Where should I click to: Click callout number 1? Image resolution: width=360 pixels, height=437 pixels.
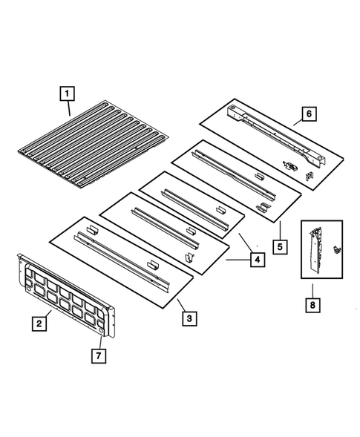67,94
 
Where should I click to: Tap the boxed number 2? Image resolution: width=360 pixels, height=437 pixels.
36,323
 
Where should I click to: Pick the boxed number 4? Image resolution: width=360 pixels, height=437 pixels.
255,260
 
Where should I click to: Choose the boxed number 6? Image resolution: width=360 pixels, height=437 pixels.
308,115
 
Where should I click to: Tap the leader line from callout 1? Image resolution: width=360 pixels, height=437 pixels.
68,108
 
